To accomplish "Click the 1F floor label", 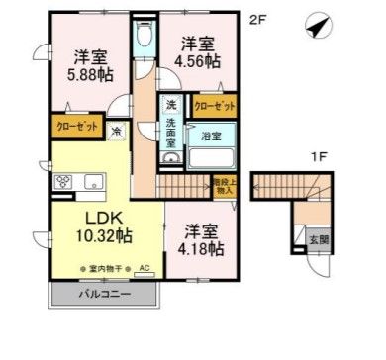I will tap(319, 156).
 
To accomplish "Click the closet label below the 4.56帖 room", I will tap(214, 106).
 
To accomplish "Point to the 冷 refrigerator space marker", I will tap(116, 130).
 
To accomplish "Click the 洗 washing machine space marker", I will tap(171, 106).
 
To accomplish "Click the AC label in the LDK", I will tap(144, 268).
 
